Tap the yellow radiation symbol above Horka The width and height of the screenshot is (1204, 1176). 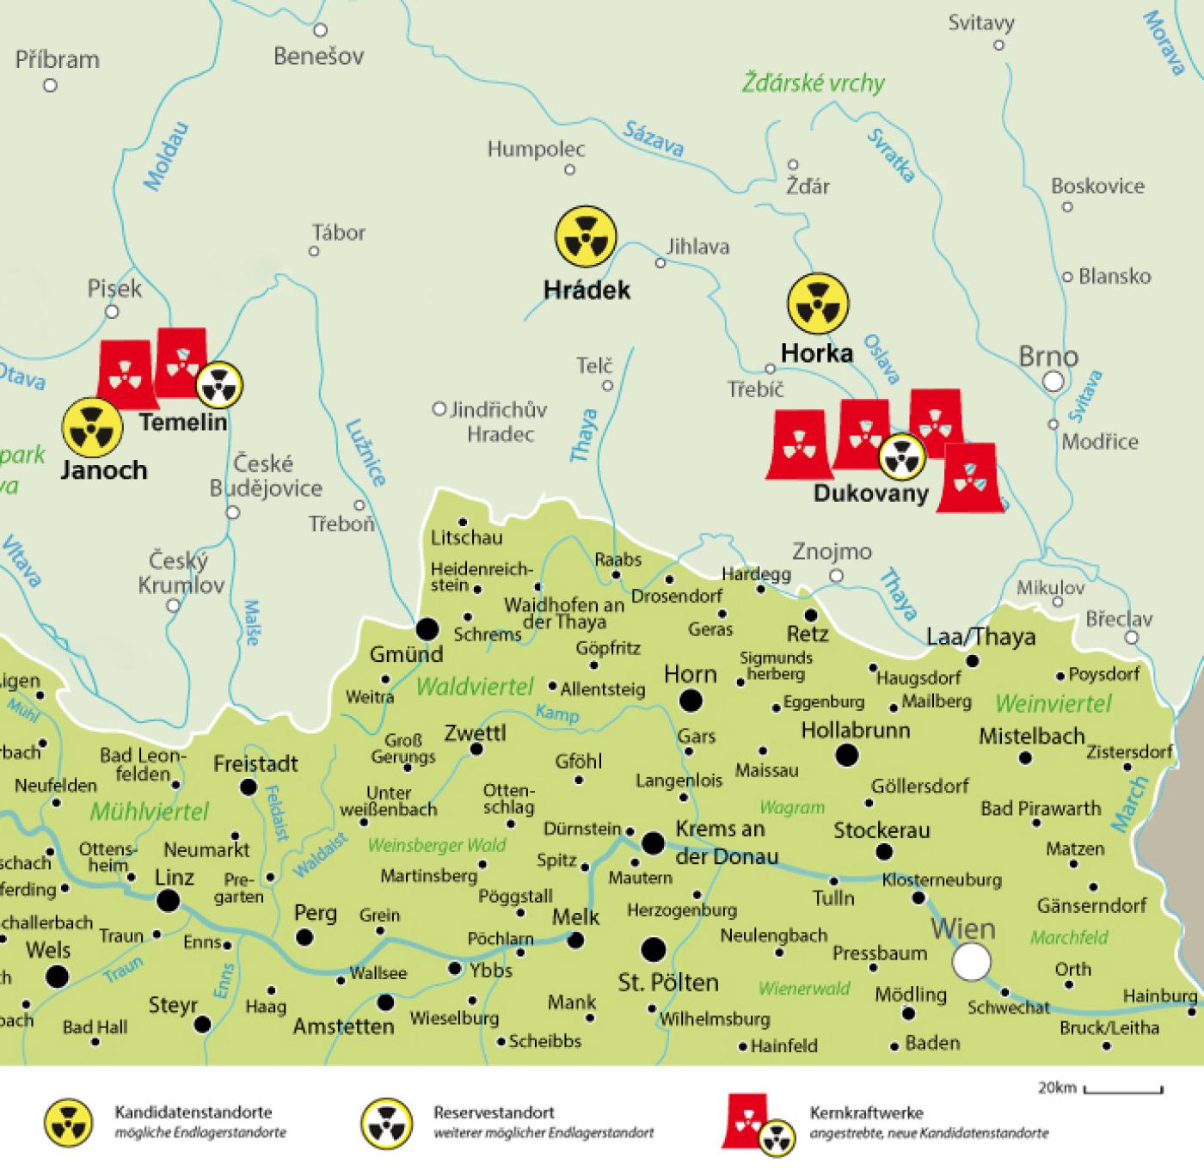(818, 304)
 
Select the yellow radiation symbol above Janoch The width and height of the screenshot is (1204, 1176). (91, 426)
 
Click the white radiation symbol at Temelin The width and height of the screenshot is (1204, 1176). (219, 384)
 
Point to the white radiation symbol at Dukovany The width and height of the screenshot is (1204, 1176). (901, 457)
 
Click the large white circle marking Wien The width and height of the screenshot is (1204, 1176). (972, 961)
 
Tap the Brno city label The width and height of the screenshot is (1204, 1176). (1047, 356)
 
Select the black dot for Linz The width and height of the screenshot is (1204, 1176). (168, 901)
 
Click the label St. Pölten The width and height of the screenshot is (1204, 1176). (668, 982)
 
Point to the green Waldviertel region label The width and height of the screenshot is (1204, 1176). (475, 686)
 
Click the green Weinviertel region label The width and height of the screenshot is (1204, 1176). (1053, 703)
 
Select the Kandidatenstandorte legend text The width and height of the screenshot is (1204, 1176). (193, 1112)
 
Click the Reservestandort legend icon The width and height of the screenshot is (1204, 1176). (387, 1122)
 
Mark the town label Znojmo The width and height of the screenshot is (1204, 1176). (832, 551)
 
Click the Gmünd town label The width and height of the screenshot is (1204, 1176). (406, 654)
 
